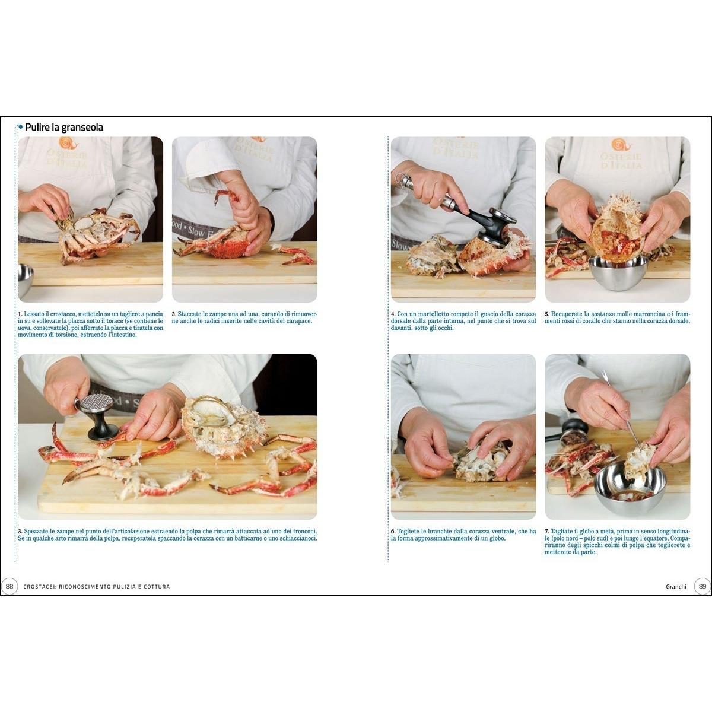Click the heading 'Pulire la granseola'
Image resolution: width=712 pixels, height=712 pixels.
[x=64, y=127]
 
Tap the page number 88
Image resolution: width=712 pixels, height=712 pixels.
[x=9, y=586]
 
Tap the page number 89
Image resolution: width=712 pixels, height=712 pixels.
[x=703, y=586]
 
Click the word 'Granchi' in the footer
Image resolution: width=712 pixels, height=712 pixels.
[x=676, y=586]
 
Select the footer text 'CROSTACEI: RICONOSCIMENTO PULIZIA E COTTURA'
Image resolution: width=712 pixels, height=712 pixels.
[x=97, y=587]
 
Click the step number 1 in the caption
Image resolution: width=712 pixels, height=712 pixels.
[x=20, y=314]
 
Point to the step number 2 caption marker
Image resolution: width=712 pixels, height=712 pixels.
[x=174, y=314]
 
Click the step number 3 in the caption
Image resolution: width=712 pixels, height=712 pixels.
[x=20, y=532]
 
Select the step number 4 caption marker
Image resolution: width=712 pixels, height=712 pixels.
[x=393, y=314]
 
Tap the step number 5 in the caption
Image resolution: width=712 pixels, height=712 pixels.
[x=546, y=314]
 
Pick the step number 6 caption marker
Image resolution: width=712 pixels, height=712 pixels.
[x=393, y=532]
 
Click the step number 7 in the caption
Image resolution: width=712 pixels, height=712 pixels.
[x=546, y=532]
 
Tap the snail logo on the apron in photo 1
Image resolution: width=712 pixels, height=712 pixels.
[x=66, y=144]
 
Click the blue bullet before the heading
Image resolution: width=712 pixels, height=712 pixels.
[x=20, y=127]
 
